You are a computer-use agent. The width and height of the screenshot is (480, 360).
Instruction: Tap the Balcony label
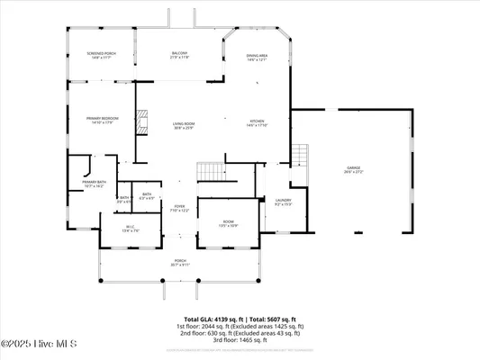[179, 56]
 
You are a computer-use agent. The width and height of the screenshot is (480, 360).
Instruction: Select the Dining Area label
[258, 58]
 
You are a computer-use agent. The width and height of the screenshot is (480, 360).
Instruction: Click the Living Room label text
[184, 125]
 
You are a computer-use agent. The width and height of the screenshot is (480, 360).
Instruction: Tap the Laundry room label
[283, 202]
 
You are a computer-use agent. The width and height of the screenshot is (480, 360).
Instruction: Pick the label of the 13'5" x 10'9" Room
[229, 224]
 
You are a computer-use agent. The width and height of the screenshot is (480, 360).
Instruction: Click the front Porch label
[180, 263]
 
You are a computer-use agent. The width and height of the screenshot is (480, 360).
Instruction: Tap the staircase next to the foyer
[211, 170]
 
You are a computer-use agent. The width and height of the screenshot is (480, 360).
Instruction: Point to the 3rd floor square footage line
[240, 340]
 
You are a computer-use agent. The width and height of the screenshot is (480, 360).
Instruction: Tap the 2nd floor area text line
[240, 333]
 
